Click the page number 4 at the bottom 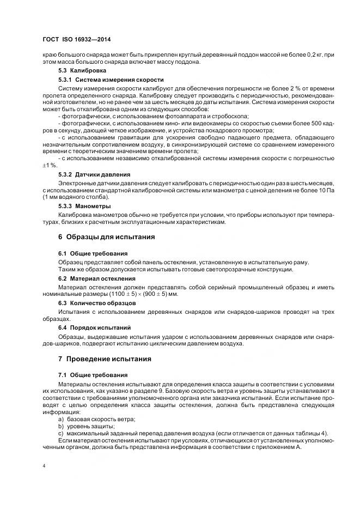(x=44, y=466)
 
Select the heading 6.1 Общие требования (x=93, y=253)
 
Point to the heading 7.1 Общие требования (x=93, y=375)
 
